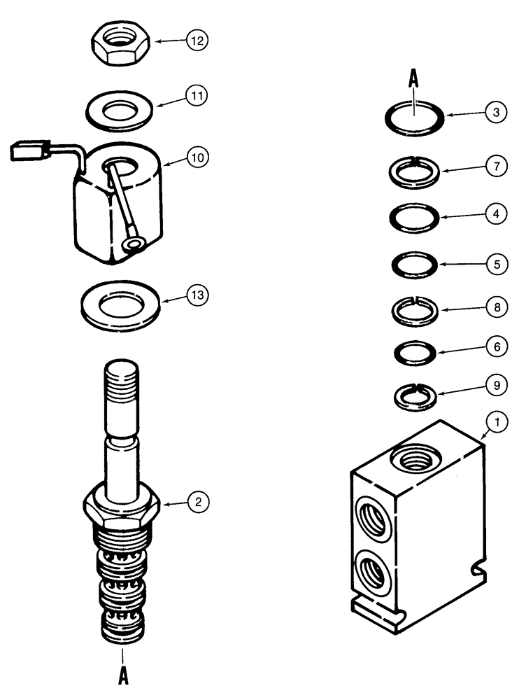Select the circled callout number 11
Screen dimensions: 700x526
(x=198, y=96)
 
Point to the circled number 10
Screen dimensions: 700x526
(x=198, y=158)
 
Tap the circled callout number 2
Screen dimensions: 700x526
(x=198, y=501)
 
